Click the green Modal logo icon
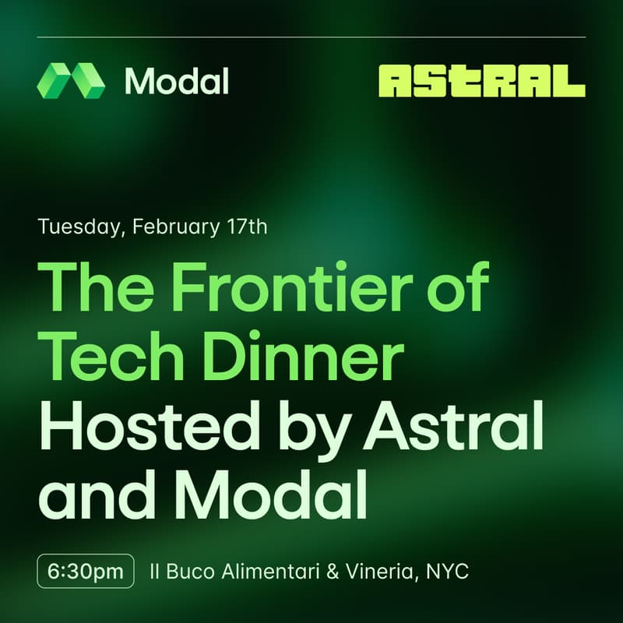[x=71, y=80]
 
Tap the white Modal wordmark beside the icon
[x=176, y=80]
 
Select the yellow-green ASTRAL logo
[x=481, y=80]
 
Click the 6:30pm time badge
[x=85, y=571]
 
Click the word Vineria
[x=381, y=572]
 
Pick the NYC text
[x=449, y=572]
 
